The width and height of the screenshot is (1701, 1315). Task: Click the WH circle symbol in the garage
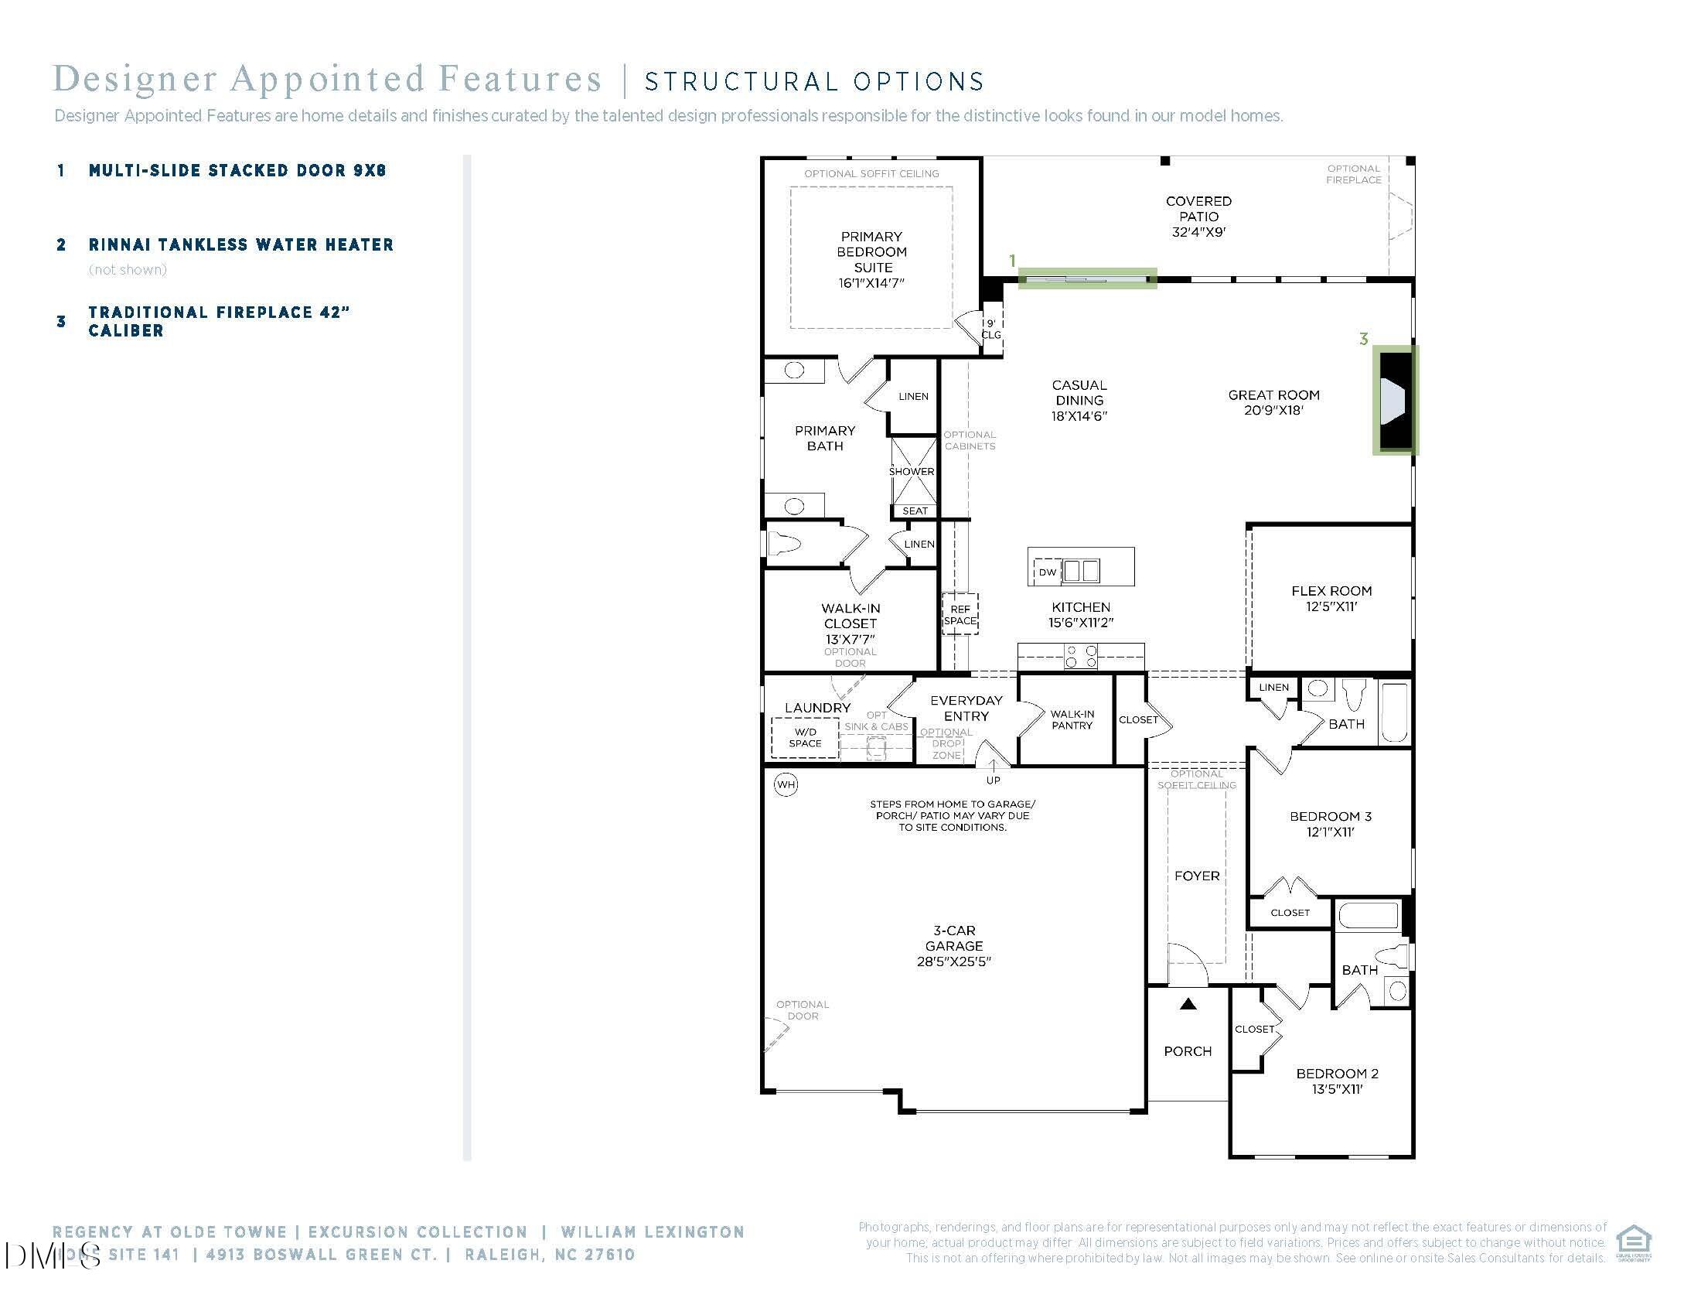click(786, 784)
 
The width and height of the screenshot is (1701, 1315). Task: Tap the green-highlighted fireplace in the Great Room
click(1396, 401)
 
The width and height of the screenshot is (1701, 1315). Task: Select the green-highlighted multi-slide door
click(1087, 278)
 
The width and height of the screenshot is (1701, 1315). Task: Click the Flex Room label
click(1331, 591)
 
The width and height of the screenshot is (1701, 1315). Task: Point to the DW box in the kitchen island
click(1048, 572)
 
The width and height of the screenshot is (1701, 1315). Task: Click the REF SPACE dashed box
click(960, 615)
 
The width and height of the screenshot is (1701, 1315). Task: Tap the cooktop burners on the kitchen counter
click(1081, 656)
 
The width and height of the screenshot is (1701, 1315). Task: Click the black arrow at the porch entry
click(1188, 1005)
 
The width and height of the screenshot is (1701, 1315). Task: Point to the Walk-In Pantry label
click(1072, 719)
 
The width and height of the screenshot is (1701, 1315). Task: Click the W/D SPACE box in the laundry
click(806, 738)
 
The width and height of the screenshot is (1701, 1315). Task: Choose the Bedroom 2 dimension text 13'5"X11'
click(1338, 1089)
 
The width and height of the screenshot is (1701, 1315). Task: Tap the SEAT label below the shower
click(915, 511)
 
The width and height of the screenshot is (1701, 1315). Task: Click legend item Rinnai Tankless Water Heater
click(240, 244)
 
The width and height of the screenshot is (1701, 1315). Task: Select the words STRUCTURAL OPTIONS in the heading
click(815, 82)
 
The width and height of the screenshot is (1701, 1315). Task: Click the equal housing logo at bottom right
click(1633, 1242)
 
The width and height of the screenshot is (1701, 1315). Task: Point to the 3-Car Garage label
click(954, 945)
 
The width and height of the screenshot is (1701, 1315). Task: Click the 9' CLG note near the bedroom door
click(990, 329)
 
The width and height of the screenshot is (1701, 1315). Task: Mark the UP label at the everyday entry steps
click(993, 780)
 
